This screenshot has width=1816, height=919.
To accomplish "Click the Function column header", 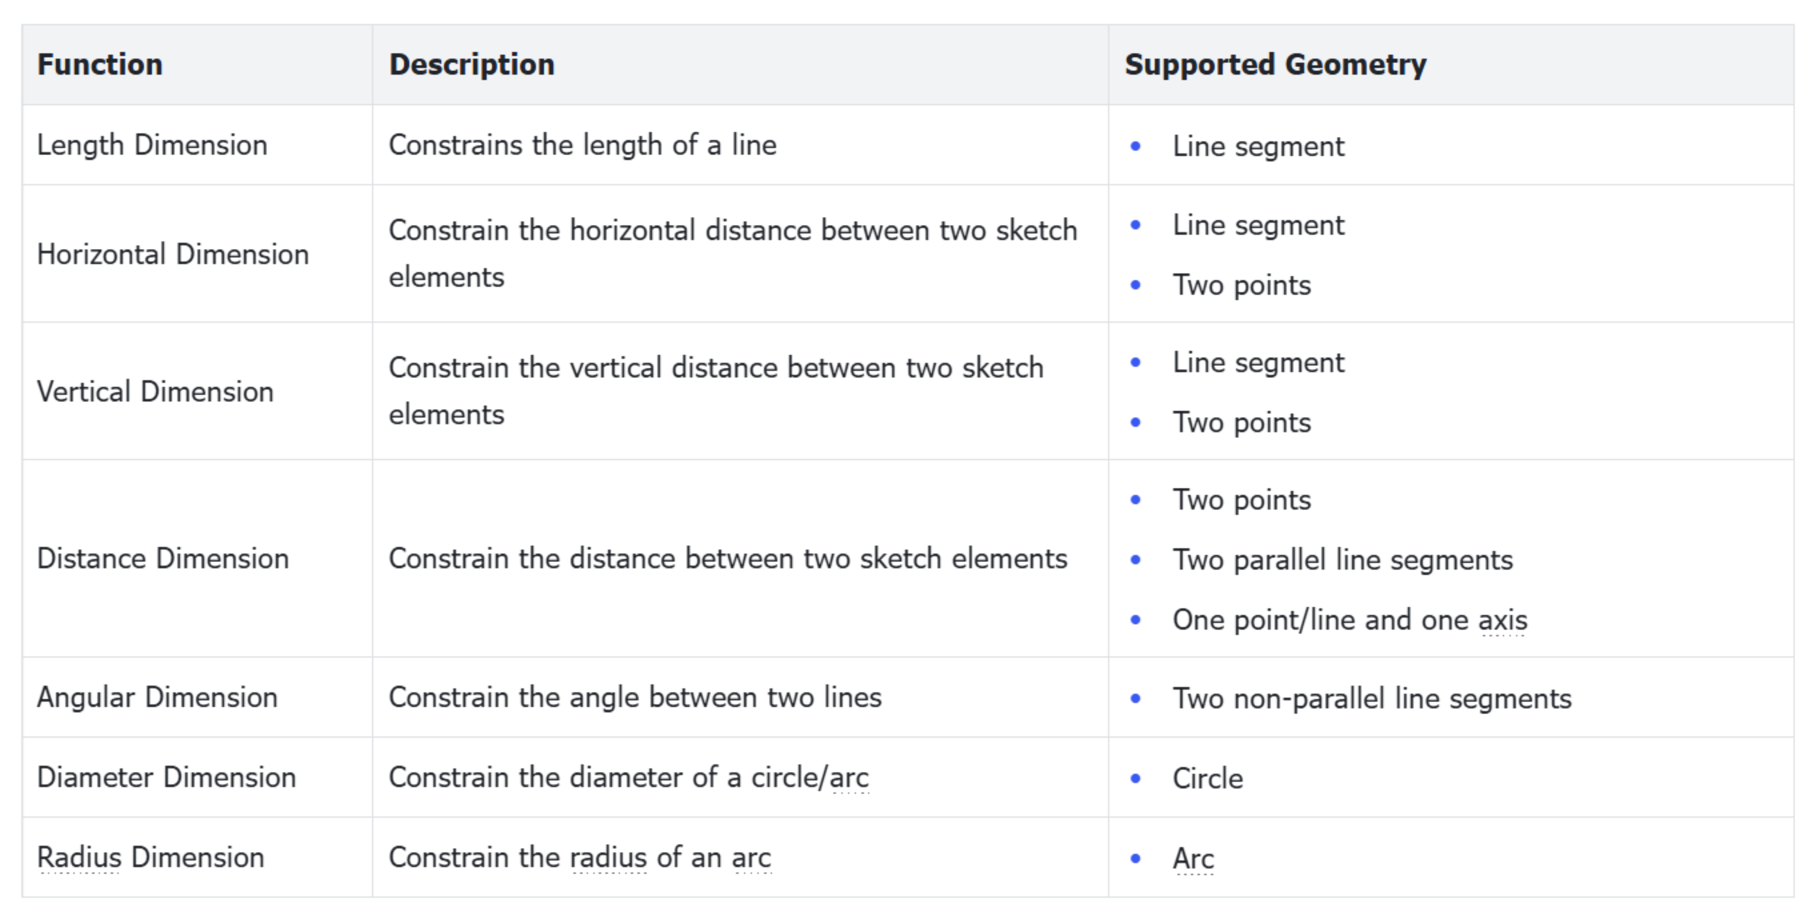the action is [x=99, y=64].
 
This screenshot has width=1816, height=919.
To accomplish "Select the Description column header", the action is [x=472, y=64].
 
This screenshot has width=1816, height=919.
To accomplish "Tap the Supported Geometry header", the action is [x=1275, y=64].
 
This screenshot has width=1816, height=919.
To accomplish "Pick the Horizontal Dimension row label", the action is [x=173, y=254].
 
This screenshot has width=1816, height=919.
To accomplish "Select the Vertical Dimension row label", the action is [x=155, y=391].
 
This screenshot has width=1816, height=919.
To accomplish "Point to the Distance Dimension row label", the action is [x=163, y=558].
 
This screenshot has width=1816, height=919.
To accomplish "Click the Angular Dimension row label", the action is [x=157, y=697].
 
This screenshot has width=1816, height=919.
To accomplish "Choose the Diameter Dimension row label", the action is [x=166, y=777].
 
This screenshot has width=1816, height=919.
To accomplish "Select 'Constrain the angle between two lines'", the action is [x=635, y=697].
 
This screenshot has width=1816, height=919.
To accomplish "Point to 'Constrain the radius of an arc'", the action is [x=580, y=857].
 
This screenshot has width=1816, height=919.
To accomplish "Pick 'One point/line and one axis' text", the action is [x=1350, y=619].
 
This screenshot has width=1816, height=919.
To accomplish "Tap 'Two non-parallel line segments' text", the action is [x=1372, y=698].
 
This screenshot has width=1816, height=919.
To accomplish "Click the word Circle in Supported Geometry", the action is [x=1208, y=778].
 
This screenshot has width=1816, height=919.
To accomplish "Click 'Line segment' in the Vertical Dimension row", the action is [x=1258, y=362].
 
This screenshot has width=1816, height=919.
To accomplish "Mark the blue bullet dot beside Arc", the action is [x=1135, y=858].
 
